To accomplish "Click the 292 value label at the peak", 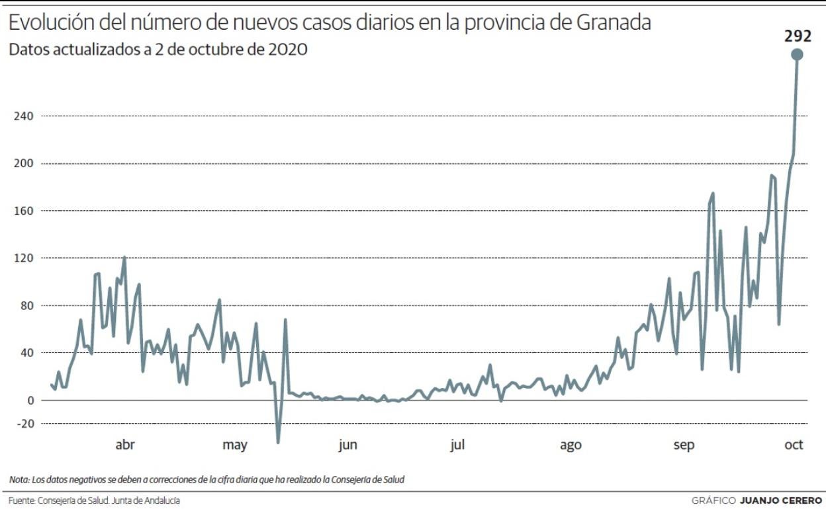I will [797, 36].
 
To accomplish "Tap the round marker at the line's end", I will [797, 55].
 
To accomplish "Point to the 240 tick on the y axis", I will [24, 116].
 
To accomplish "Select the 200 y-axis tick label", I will [24, 163].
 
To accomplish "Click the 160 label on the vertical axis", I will [24, 211].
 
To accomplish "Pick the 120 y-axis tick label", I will [24, 258].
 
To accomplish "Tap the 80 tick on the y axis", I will [26, 306].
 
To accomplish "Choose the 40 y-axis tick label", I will [26, 353].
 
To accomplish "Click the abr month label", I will [125, 445].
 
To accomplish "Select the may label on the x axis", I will [234, 446].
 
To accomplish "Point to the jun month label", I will [347, 446].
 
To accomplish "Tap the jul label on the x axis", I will [457, 445].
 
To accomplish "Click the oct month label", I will [794, 445].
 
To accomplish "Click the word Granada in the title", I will [614, 22].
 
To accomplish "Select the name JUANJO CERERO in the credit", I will [781, 500].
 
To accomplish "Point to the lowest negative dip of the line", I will [278, 442].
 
